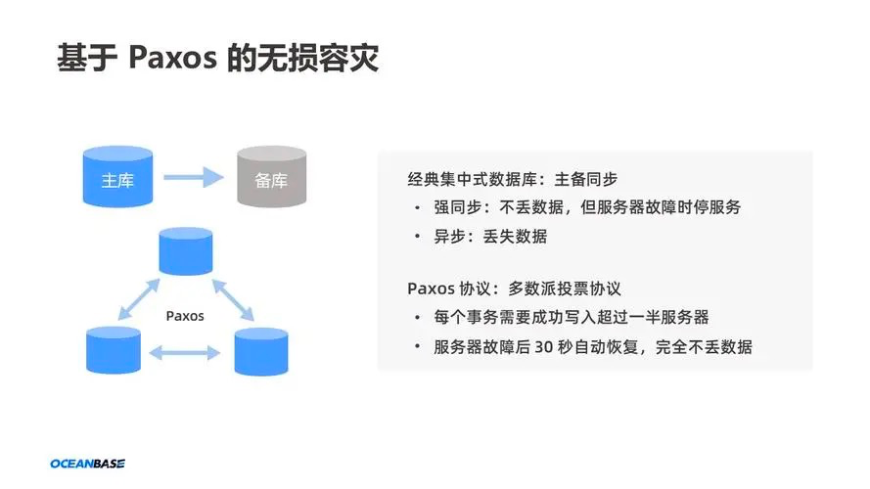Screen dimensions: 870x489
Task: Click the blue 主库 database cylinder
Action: pyautogui.click(x=117, y=176)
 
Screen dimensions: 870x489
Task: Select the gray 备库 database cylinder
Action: pyautogui.click(x=271, y=176)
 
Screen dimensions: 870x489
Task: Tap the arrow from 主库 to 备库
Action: pyautogui.click(x=194, y=177)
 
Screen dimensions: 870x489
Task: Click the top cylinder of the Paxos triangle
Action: pyautogui.click(x=186, y=251)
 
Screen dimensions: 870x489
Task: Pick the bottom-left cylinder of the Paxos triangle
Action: pyautogui.click(x=114, y=350)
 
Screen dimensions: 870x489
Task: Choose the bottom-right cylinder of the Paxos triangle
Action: pyautogui.click(x=261, y=351)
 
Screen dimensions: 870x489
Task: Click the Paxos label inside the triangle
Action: pyautogui.click(x=185, y=316)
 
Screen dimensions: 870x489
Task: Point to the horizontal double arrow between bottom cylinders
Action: pyautogui.click(x=185, y=353)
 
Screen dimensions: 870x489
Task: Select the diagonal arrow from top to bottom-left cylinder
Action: pyautogui.click(x=139, y=299)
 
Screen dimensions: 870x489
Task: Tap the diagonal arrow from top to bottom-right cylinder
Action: pyautogui.click(x=233, y=300)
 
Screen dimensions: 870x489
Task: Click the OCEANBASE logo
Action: pyautogui.click(x=88, y=464)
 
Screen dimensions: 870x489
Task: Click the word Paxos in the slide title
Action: pyautogui.click(x=172, y=57)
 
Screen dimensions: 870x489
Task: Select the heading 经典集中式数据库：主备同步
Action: pyautogui.click(x=513, y=179)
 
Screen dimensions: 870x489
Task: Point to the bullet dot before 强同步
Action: pyautogui.click(x=417, y=208)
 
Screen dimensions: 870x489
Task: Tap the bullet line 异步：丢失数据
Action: pyautogui.click(x=490, y=236)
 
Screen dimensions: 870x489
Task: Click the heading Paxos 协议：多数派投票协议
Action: pyautogui.click(x=515, y=289)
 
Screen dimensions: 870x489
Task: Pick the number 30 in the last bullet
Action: pyautogui.click(x=544, y=347)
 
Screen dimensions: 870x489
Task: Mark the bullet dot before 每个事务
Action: pyautogui.click(x=417, y=318)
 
